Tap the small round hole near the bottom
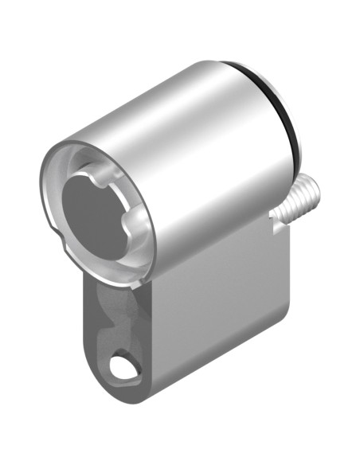pyautogui.click(x=122, y=367)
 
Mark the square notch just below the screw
pyautogui.click(x=277, y=226)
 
